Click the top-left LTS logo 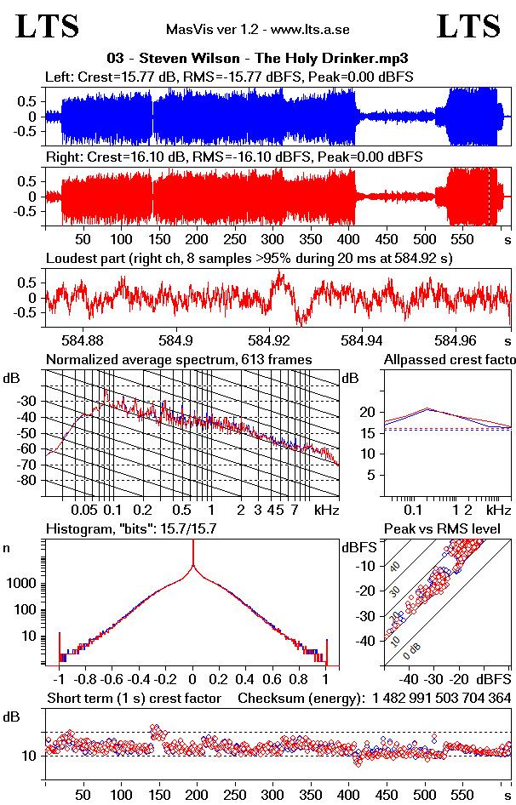click(48, 26)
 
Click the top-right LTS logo click(468, 26)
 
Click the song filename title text click(257, 59)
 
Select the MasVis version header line click(257, 30)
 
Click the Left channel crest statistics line click(230, 77)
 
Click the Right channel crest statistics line click(234, 157)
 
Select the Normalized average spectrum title click(179, 360)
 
